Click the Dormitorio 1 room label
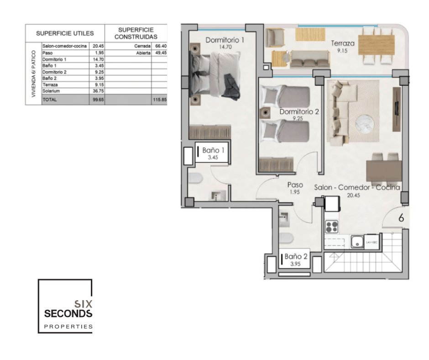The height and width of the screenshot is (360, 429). (225, 40)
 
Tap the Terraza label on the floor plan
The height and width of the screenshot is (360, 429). (343, 43)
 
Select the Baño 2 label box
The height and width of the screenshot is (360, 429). (294, 259)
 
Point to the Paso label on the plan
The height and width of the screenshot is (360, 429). (295, 185)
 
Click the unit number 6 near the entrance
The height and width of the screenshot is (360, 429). (401, 218)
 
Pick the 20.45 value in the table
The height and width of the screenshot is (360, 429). (98, 46)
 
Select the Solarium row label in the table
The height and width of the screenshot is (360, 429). (51, 91)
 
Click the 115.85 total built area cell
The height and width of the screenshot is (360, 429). (160, 100)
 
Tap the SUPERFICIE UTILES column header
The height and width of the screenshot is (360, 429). (65, 33)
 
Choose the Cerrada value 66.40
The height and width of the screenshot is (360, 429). (161, 46)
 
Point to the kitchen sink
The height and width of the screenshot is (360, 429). (357, 242)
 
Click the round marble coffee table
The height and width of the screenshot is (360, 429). (364, 124)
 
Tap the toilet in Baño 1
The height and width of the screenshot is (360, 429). (195, 178)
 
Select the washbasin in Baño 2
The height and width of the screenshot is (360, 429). (284, 219)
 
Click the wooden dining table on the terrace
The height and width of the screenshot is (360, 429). (377, 45)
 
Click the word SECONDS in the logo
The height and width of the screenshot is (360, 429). (68, 314)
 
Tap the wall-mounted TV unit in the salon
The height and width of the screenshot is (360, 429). (397, 109)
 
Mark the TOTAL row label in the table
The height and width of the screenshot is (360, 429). (50, 100)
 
